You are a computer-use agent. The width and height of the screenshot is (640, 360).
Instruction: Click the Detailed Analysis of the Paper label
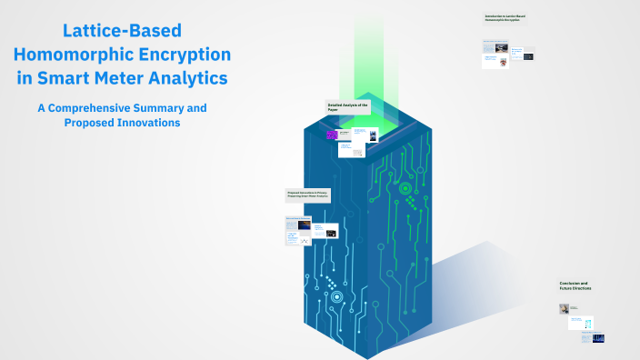tap(348, 107)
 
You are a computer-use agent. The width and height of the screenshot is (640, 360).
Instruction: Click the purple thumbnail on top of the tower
tap(333, 135)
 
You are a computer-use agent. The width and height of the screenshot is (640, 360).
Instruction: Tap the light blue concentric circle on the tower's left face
tap(337, 296)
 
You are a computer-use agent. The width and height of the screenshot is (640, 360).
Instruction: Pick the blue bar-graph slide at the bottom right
tap(598, 338)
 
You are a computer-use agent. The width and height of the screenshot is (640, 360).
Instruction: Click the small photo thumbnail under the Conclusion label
tap(564, 309)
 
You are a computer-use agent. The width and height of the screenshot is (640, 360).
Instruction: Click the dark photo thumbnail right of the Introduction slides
tap(528, 56)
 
